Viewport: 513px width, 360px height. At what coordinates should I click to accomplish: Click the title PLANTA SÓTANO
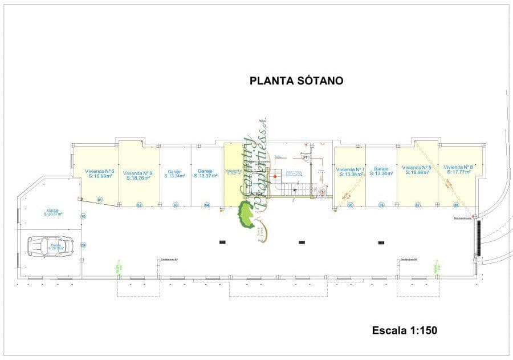tap(296, 81)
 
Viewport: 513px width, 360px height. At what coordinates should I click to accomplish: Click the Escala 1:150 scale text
tap(405, 330)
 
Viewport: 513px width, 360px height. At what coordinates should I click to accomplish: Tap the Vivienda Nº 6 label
tap(100, 171)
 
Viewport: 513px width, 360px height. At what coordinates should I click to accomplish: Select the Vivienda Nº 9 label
tap(137, 173)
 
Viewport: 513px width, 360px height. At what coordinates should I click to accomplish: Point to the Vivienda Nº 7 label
tap(350, 169)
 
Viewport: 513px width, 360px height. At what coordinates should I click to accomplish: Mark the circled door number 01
tap(99, 200)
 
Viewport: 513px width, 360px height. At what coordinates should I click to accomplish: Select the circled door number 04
tap(207, 205)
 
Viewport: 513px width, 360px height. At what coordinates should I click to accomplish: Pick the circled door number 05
tap(351, 205)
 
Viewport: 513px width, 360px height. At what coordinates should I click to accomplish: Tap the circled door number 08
tap(456, 205)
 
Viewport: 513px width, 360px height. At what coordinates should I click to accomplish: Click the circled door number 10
tap(83, 216)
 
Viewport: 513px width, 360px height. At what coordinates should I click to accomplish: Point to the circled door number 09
tap(83, 245)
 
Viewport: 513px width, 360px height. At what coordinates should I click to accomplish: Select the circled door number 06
tap(381, 205)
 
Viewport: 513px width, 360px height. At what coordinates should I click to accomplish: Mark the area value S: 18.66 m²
tap(417, 172)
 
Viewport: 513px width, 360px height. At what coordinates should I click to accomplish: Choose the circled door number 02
tap(139, 205)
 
